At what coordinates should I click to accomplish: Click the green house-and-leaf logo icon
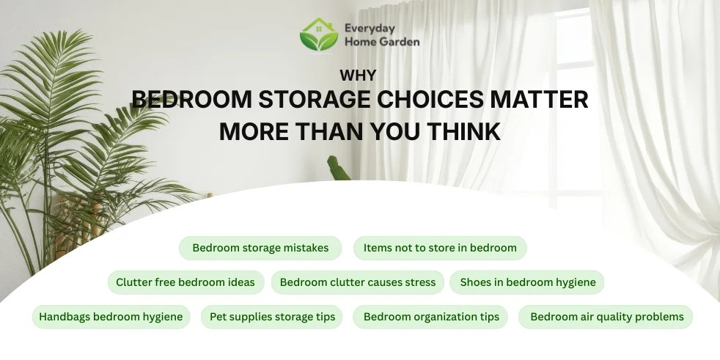pyautogui.click(x=319, y=34)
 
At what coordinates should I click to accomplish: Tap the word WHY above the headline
pyautogui.click(x=359, y=75)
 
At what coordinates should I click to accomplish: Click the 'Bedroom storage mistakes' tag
pyautogui.click(x=260, y=248)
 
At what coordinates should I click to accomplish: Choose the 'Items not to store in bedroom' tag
pyautogui.click(x=440, y=248)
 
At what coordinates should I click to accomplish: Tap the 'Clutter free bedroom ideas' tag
pyautogui.click(x=185, y=282)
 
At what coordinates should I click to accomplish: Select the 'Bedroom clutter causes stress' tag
pyautogui.click(x=358, y=282)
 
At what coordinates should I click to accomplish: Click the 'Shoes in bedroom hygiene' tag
pyautogui.click(x=528, y=282)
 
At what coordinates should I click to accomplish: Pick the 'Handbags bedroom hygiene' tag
pyautogui.click(x=111, y=317)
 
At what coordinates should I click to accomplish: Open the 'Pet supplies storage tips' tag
pyautogui.click(x=272, y=317)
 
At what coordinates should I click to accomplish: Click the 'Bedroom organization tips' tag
pyautogui.click(x=431, y=317)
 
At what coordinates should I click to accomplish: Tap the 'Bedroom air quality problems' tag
pyautogui.click(x=606, y=317)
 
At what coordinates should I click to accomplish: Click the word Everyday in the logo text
pyautogui.click(x=370, y=29)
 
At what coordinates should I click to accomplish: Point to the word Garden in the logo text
pyautogui.click(x=399, y=42)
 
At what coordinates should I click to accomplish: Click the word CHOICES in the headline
pyautogui.click(x=419, y=100)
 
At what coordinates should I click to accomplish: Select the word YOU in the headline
pyautogui.click(x=388, y=131)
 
